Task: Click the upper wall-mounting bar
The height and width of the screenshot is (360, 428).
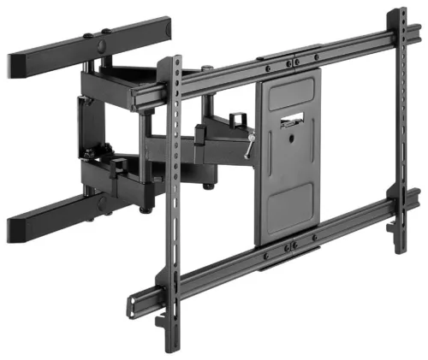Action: click(51, 56)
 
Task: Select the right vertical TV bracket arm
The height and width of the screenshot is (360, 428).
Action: click(400, 128)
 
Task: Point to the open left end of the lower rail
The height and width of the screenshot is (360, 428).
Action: click(134, 304)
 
